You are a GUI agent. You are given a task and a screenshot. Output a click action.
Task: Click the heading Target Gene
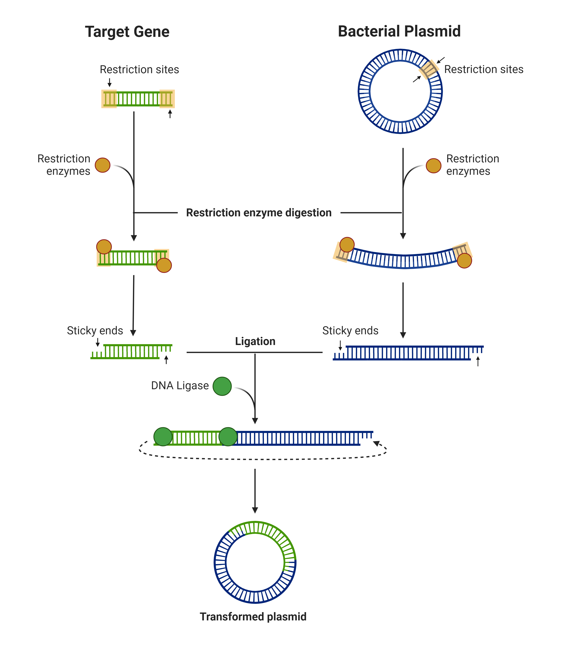point(127,32)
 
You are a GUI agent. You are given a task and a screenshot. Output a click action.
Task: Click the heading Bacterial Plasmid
point(399,31)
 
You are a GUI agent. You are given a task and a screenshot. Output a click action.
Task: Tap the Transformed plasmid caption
point(253,616)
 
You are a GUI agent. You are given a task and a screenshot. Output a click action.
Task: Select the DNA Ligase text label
point(180,385)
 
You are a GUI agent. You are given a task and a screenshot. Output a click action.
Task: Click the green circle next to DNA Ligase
point(222,386)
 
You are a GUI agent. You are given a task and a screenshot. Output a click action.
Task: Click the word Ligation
point(255,341)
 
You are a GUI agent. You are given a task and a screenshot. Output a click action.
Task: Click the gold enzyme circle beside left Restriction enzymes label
point(103,165)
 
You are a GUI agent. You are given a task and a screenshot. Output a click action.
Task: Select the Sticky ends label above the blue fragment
point(350,330)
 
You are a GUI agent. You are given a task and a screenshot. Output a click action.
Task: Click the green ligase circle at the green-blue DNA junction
point(228,436)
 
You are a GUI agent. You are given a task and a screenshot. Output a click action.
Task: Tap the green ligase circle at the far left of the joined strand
point(163,436)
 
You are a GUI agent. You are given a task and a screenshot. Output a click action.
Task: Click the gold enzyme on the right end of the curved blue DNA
point(464,260)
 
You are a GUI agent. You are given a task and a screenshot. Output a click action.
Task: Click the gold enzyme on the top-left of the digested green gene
point(104,247)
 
